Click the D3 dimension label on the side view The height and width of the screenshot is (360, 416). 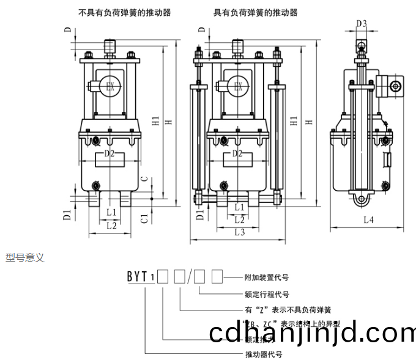point(362,24)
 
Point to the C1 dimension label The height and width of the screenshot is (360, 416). point(144,217)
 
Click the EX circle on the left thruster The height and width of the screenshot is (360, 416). point(110,86)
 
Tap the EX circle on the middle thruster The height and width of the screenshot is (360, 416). point(239,86)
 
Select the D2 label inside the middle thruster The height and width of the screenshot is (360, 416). point(239,154)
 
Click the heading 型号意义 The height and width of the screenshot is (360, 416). point(25,258)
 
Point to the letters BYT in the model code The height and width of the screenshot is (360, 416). point(137,276)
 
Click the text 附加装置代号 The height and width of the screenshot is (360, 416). point(266,277)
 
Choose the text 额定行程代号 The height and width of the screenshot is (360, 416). point(266,293)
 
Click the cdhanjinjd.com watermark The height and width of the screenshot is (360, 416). point(312,333)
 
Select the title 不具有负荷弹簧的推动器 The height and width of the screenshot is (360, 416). point(125,12)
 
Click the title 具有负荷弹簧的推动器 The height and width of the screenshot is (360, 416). point(255,12)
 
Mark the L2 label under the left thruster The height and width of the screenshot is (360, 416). point(111,226)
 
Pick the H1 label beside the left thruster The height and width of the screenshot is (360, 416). point(156,122)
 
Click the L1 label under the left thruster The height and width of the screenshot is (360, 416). point(111,211)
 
